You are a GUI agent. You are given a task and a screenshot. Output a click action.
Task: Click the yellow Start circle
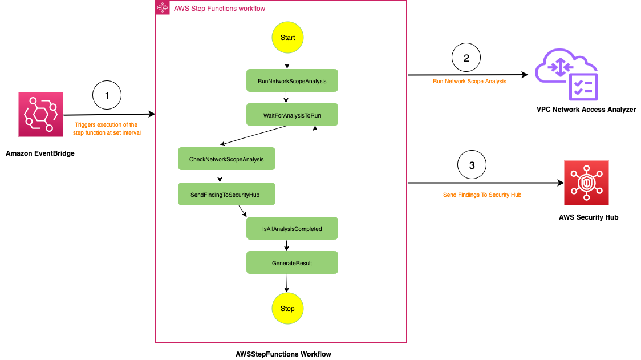tap(287, 38)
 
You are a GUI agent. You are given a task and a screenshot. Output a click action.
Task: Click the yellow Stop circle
tap(287, 309)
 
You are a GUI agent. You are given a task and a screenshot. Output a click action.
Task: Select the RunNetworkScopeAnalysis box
tap(292, 81)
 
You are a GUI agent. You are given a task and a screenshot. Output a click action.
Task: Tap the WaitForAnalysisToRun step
tap(292, 115)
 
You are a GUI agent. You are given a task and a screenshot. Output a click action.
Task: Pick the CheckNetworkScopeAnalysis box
tap(226, 159)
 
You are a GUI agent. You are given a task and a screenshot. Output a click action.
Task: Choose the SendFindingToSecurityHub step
tap(226, 195)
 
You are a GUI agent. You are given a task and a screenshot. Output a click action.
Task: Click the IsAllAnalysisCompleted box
tap(292, 229)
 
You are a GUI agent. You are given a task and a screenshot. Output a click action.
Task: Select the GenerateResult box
tap(292, 263)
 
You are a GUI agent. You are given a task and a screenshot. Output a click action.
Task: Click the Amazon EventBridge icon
tap(40, 114)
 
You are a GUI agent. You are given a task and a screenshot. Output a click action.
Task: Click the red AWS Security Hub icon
tap(586, 183)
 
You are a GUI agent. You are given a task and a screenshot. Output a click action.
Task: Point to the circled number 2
tap(466, 58)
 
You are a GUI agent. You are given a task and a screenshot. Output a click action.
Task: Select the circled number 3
tap(472, 166)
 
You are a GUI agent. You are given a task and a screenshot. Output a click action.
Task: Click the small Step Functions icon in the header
tap(163, 8)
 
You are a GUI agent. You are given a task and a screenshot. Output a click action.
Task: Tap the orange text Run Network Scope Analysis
tap(469, 81)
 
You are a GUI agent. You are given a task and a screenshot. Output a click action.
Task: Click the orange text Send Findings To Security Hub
tap(482, 195)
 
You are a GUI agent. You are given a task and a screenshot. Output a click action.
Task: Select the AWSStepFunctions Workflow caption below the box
tap(283, 354)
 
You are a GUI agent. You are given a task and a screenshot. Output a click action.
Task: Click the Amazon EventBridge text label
tap(40, 153)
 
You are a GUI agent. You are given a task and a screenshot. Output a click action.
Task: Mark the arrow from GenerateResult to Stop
tap(287, 283)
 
